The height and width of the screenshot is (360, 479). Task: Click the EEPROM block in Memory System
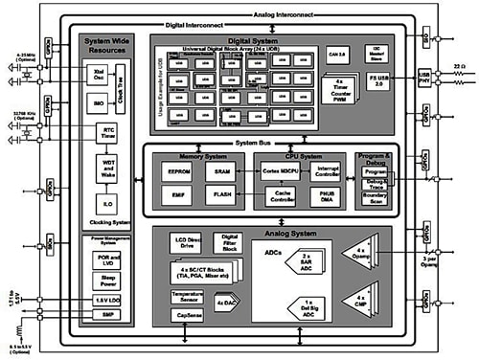[177, 173]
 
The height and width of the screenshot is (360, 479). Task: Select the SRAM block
[221, 173]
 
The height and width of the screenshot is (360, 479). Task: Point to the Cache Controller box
[279, 197]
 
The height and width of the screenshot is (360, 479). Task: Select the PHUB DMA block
[326, 198]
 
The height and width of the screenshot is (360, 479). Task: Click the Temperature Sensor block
[189, 298]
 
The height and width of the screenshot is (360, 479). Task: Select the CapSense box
[189, 315]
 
